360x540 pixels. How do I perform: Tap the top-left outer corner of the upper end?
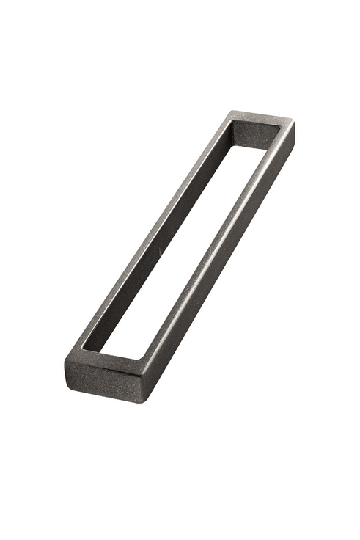click(x=229, y=112)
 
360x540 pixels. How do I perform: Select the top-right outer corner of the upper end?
click(x=294, y=123)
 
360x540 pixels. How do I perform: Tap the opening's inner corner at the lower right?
click(x=139, y=359)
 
